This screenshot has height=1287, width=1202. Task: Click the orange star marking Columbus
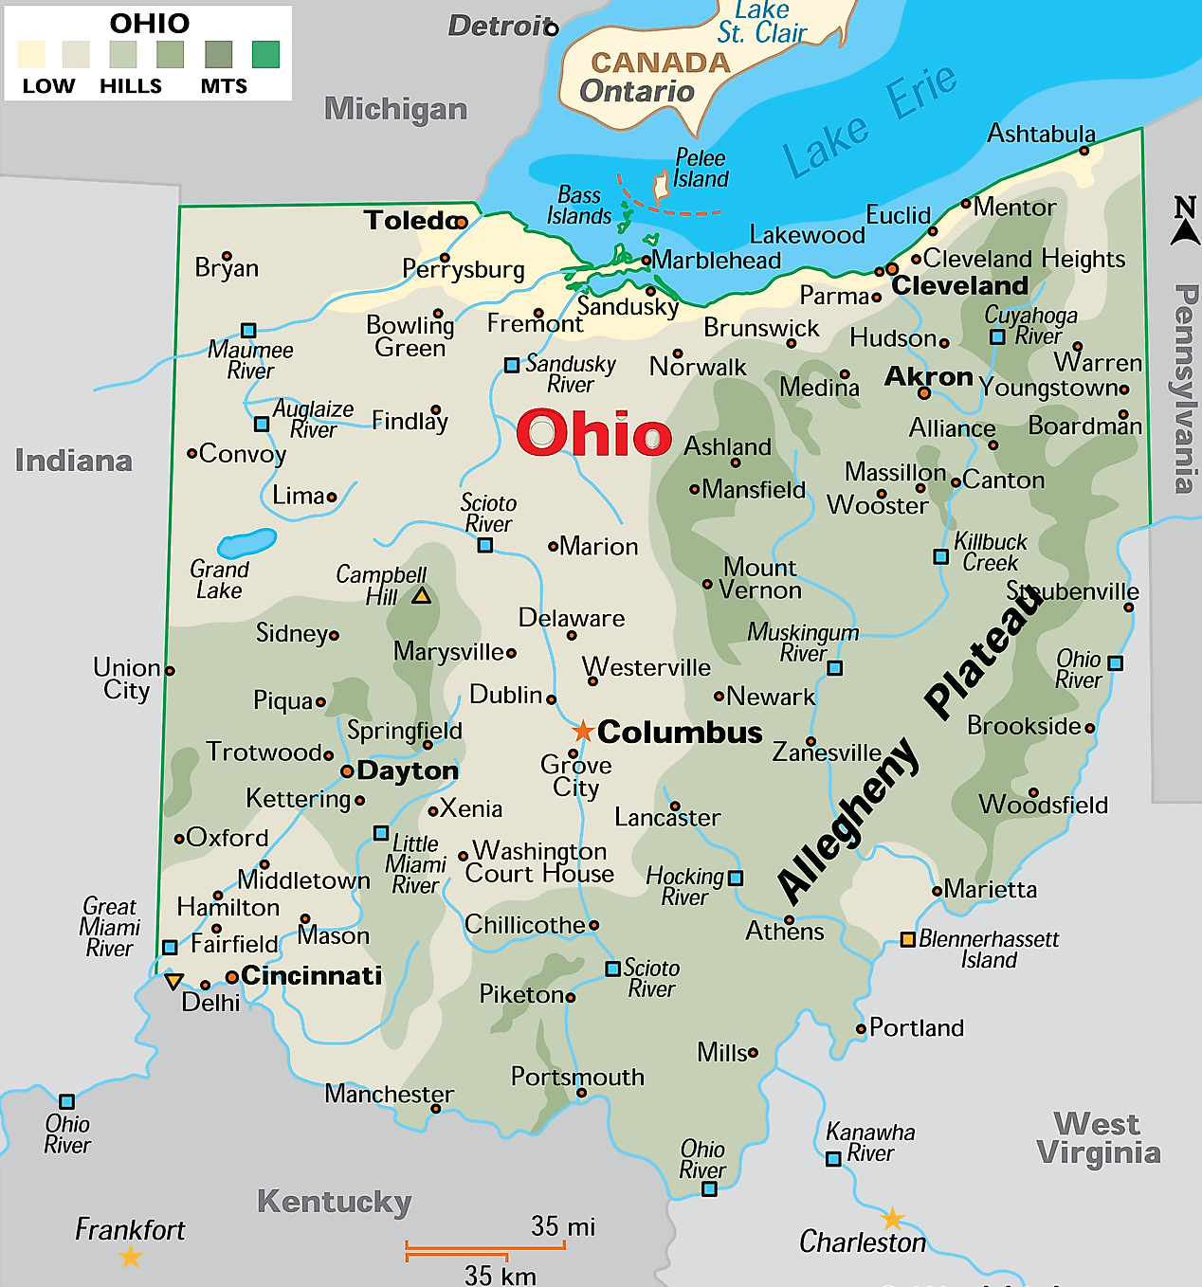click(583, 732)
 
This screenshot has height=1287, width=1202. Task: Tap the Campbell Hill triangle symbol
click(422, 596)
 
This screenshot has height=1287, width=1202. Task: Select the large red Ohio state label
click(593, 434)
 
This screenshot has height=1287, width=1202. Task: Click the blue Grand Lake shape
click(246, 543)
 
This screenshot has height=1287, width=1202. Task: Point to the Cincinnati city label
click(311, 975)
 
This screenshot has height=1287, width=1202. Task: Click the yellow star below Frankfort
click(131, 1258)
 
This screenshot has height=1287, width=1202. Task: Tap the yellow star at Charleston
click(892, 1218)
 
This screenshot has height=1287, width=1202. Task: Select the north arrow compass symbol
click(1185, 222)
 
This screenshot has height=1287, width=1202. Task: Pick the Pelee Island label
click(701, 169)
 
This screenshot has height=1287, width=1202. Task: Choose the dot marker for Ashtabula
click(1084, 151)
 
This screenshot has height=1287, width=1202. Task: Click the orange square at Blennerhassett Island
click(907, 939)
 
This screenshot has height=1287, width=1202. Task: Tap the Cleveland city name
click(959, 285)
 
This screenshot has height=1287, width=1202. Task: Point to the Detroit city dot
click(552, 29)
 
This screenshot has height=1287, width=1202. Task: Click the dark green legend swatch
click(265, 55)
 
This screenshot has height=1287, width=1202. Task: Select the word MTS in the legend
click(224, 86)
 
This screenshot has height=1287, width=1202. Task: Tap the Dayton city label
click(408, 770)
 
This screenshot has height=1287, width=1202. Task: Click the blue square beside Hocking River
click(736, 879)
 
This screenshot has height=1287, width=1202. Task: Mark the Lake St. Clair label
click(761, 23)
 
